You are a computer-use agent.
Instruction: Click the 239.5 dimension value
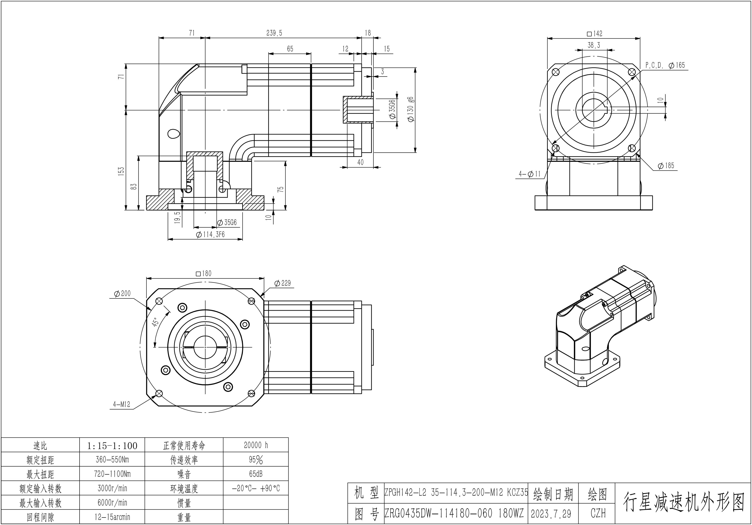tap(274, 33)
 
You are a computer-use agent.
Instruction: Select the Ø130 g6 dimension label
tap(410, 109)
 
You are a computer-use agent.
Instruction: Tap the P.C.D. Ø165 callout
tap(665, 65)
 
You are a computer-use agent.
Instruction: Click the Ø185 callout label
tap(666, 166)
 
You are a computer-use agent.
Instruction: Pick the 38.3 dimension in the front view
tap(594, 45)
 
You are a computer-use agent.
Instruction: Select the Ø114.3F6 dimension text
tap(210, 235)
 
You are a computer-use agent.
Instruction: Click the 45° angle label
tap(156, 322)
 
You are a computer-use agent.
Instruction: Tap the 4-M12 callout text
tap(122, 405)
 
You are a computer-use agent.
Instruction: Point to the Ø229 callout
tap(282, 283)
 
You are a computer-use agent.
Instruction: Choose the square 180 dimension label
tap(203, 274)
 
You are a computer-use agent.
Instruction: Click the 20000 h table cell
tap(256, 445)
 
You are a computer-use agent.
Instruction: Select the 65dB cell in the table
tap(256, 474)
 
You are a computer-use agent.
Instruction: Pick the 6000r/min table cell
tap(112, 503)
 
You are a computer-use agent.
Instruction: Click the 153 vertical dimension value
tap(121, 171)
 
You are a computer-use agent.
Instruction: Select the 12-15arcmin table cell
tap(112, 517)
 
